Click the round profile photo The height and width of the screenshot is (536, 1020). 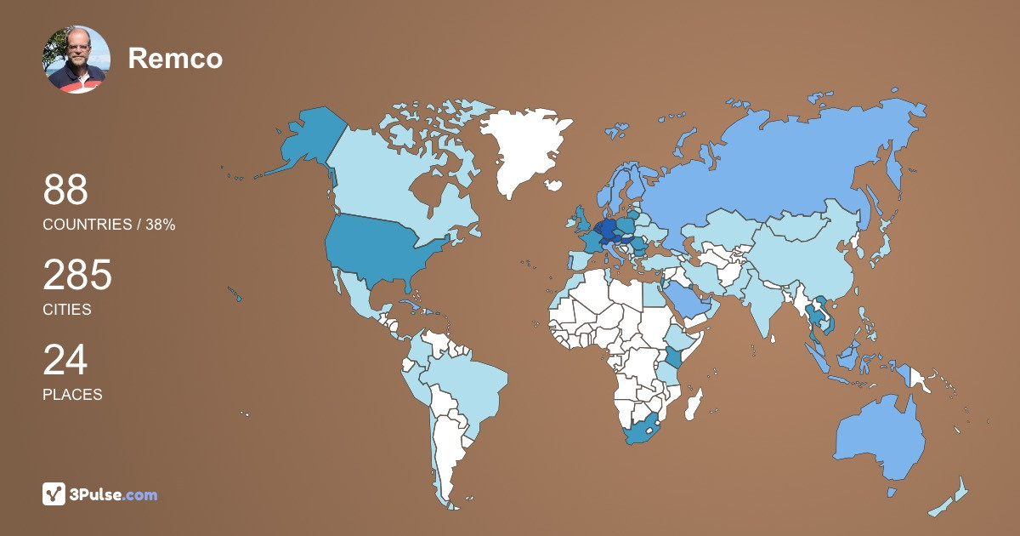[x=76, y=59]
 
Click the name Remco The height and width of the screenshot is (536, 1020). [x=175, y=59]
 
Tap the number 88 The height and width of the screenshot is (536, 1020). [x=65, y=190]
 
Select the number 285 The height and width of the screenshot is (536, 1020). [x=77, y=276]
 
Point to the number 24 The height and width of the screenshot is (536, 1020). [x=65, y=360]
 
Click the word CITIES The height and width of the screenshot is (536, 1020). [x=67, y=310]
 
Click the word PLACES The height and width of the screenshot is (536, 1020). [x=72, y=395]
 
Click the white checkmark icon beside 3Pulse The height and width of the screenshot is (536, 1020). [x=54, y=494]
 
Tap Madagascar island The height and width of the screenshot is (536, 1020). [x=694, y=403]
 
